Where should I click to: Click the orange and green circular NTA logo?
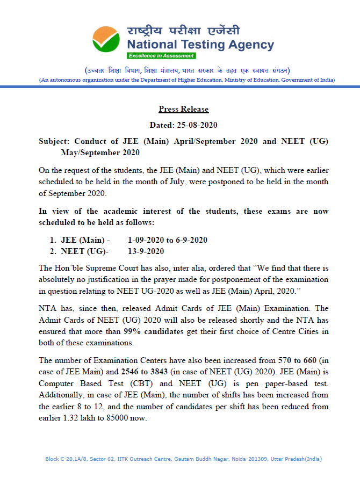pos(107,39)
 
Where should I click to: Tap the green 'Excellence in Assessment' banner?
pos(161,56)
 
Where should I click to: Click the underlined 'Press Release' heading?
pos(184,109)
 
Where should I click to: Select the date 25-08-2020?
pos(199,125)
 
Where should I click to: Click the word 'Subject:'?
pos(54,141)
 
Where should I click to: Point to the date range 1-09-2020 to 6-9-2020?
pos(168,240)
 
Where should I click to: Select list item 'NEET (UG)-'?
pos(83,251)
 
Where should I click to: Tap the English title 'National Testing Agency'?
pos(200,45)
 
